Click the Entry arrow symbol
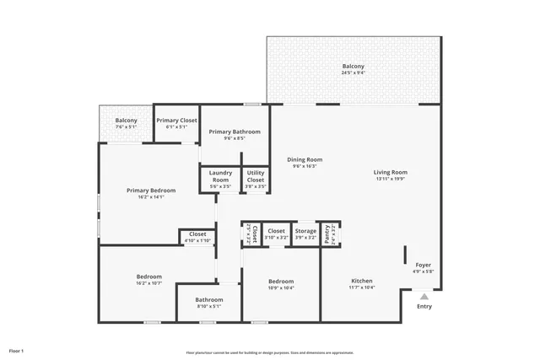424,296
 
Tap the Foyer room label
423,265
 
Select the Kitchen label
361,281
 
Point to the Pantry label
327,232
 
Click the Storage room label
305,231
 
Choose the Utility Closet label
256,176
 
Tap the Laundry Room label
220,176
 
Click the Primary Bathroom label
235,132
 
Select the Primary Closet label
176,121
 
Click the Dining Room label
304,159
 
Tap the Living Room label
390,173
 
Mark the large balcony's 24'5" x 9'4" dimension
354,73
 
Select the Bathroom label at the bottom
209,299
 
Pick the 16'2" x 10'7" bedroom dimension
149,283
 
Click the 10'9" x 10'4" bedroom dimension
281,288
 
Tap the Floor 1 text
17,350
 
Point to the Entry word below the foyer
424,306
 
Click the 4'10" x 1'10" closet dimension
197,241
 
